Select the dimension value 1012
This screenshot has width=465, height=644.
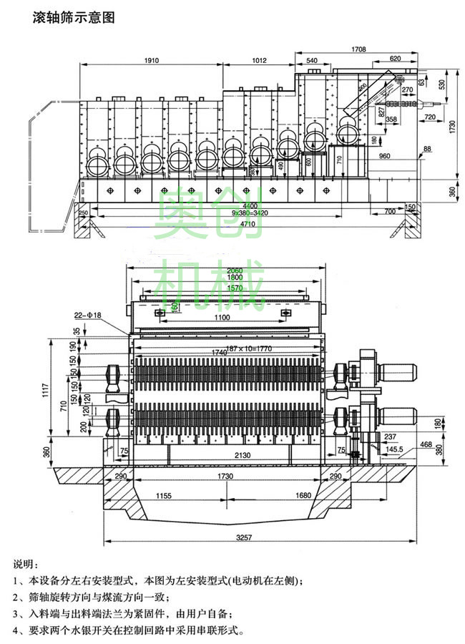[264, 61]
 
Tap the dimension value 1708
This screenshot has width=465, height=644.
[360, 49]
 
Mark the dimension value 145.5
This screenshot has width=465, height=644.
[396, 449]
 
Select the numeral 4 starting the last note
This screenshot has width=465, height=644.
[16, 631]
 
